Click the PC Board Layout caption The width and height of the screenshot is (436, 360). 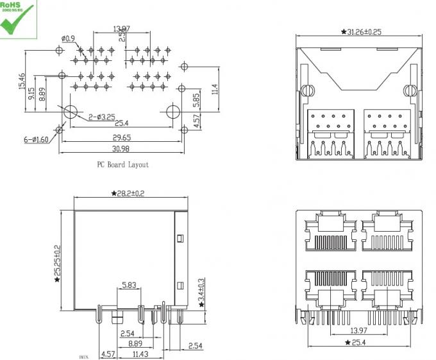tap(122, 165)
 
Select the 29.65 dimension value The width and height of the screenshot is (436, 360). tap(122, 137)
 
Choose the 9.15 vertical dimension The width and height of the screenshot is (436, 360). tap(32, 93)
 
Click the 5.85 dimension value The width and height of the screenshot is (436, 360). tap(197, 99)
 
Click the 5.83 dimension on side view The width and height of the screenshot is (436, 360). tap(129, 285)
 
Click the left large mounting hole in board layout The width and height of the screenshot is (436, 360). tap(71, 110)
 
